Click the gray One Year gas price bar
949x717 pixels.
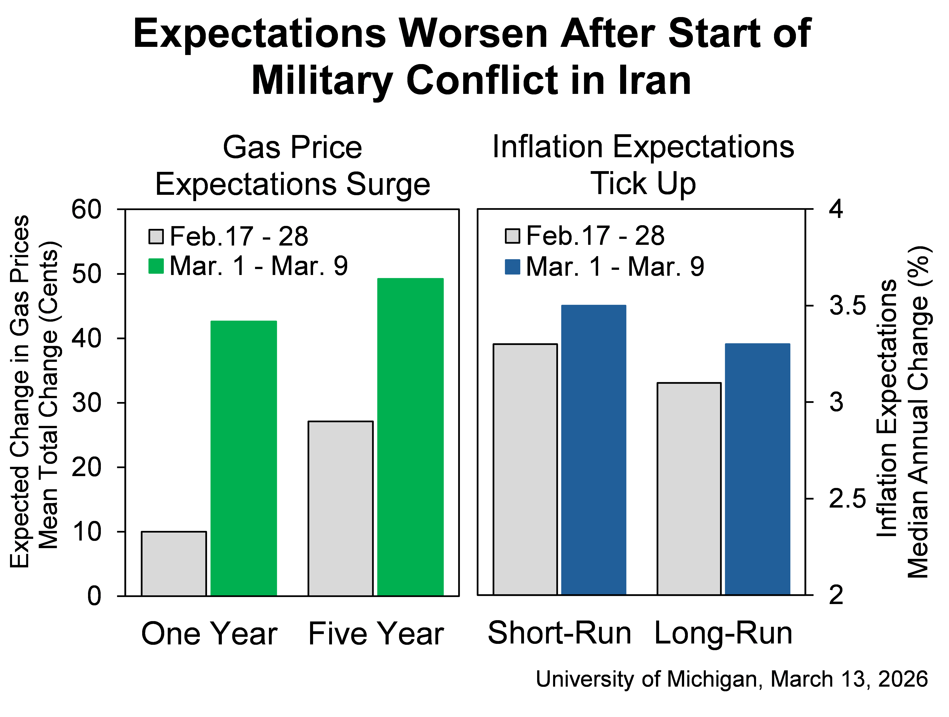pos(174,563)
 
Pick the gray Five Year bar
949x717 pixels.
pos(341,509)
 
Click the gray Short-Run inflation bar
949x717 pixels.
pos(525,469)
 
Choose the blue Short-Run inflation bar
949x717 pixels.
pos(594,450)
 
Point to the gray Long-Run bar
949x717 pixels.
pos(689,488)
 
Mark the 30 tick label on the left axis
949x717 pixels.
pos(86,403)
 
